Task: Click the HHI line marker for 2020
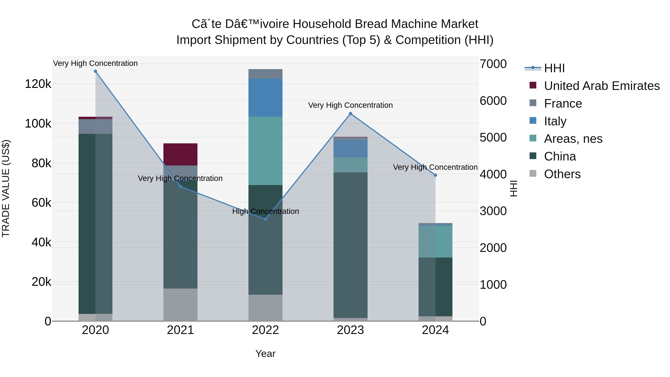pos(95,71)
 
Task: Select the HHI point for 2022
pos(265,219)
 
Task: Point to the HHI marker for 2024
pos(435,175)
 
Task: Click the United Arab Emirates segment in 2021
pos(180,155)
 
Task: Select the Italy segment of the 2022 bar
pos(265,98)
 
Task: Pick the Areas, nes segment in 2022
pos(265,151)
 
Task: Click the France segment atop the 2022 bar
pos(265,74)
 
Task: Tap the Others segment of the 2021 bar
pos(180,305)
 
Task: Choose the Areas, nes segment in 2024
pos(435,241)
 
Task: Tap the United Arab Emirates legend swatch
pos(533,85)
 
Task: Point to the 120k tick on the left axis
pos(38,84)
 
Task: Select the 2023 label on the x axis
pos(350,330)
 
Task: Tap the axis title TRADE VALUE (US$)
pos(6,188)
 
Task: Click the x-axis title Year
pos(265,354)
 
